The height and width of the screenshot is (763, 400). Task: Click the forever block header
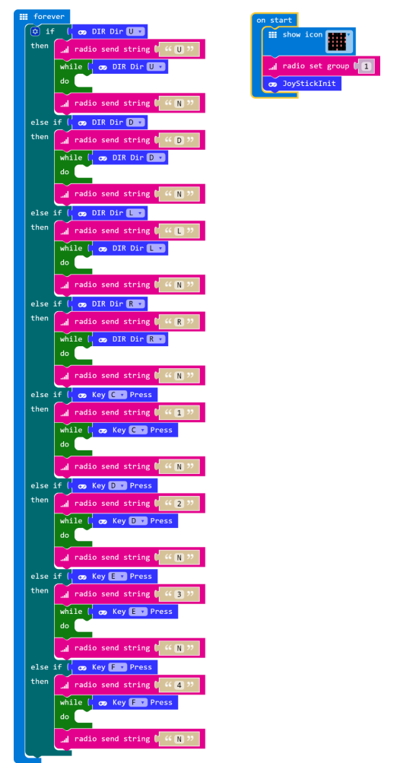click(42, 17)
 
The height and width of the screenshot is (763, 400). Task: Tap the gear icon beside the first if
click(35, 32)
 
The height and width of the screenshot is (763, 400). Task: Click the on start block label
click(275, 20)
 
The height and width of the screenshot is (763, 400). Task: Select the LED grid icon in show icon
click(337, 42)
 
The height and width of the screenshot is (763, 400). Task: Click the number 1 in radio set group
click(366, 66)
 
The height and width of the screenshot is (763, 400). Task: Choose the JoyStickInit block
click(302, 84)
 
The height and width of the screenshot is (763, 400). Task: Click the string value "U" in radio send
click(179, 49)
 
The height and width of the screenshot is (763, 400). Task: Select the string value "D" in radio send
click(179, 140)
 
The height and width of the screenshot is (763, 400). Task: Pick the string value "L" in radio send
click(179, 231)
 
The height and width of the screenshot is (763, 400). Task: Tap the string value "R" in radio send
click(179, 322)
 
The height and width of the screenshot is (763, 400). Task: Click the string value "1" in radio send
click(179, 412)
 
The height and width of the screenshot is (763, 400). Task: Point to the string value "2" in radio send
click(179, 504)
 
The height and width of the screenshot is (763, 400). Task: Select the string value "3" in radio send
click(179, 594)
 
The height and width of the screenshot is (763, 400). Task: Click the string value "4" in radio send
click(179, 685)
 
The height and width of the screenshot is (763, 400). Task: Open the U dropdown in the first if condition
click(135, 32)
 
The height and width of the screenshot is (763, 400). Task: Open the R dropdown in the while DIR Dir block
click(156, 339)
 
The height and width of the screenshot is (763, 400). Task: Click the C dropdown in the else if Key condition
click(118, 395)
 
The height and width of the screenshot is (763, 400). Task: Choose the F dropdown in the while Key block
click(138, 703)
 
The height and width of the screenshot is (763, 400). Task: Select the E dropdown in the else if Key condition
click(118, 577)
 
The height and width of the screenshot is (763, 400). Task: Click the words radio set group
click(316, 66)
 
